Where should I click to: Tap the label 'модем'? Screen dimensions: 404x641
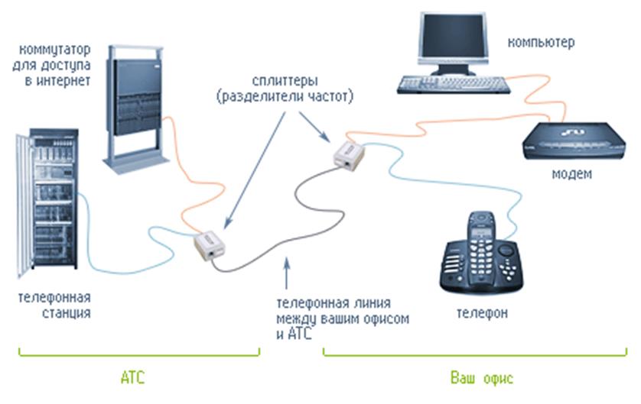571,174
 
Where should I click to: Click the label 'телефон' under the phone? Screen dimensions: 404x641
482,313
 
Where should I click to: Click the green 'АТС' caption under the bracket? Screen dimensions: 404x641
132,378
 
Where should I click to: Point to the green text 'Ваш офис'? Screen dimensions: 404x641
480,378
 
